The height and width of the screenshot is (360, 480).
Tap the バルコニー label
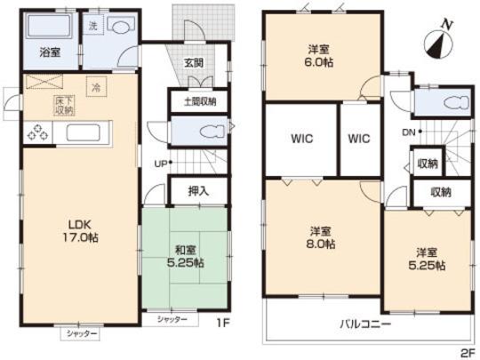click(x=364, y=324)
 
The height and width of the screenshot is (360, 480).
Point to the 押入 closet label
click(x=198, y=189)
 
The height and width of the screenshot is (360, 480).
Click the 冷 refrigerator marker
click(x=95, y=86)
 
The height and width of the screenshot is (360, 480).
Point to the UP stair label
click(x=160, y=164)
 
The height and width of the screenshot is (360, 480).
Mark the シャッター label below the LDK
click(x=81, y=333)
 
